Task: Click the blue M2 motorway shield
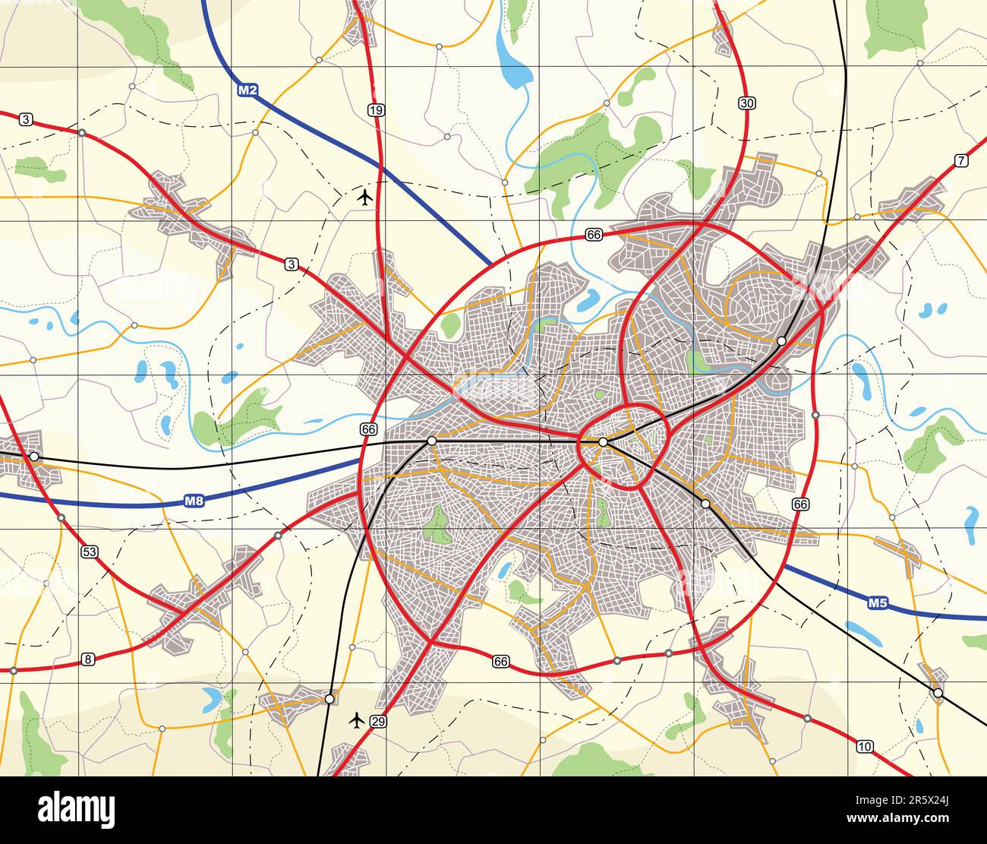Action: click(x=248, y=90)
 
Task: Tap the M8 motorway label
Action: click(x=194, y=501)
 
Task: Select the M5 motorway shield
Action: click(x=878, y=603)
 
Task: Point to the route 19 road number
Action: click(x=376, y=110)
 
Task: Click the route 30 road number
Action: click(x=746, y=103)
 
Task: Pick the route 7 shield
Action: click(x=962, y=160)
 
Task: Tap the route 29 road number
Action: click(x=379, y=721)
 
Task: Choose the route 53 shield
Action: click(x=90, y=552)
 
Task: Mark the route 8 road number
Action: click(x=88, y=659)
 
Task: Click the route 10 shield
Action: click(x=864, y=746)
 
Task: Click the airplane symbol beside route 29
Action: click(x=356, y=719)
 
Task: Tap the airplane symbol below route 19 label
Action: click(x=365, y=198)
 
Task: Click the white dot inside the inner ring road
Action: click(x=603, y=441)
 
